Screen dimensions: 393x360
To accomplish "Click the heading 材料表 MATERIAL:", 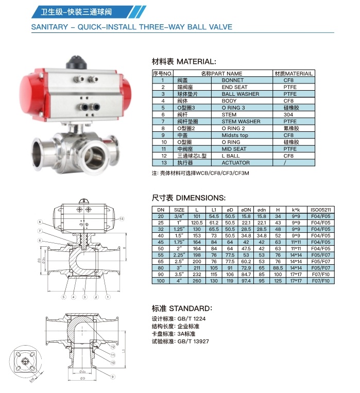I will (184, 61).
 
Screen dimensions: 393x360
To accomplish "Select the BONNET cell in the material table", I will (232, 80).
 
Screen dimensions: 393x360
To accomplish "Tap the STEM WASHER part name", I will (241, 122).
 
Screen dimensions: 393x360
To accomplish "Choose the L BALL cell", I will (230, 156).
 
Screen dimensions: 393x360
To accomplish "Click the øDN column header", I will (246, 210).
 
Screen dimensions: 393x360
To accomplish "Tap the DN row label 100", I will (160, 281).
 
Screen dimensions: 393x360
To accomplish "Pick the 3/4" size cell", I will (179, 216).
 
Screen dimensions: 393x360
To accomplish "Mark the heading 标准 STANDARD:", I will (181, 309).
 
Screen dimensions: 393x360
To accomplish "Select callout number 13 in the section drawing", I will (122, 219).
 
